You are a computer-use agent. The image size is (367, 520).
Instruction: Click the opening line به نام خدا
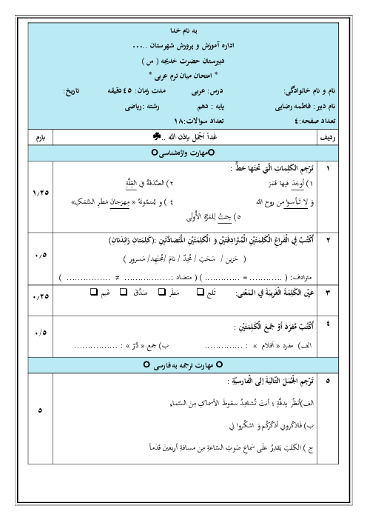183,33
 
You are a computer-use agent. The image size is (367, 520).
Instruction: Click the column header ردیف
346,137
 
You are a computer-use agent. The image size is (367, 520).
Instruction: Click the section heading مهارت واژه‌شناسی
183,153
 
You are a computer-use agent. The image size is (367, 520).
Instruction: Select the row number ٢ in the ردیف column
346,241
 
